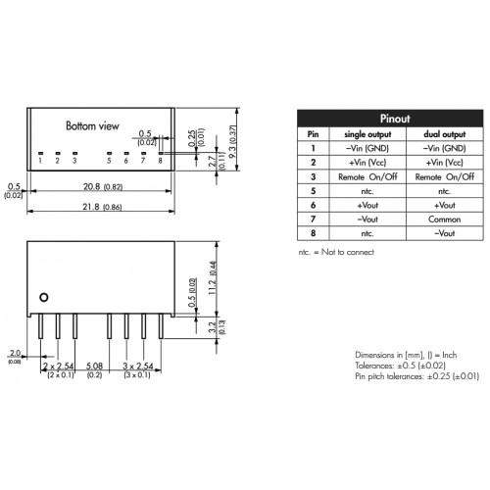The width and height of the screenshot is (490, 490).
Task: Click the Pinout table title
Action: (x=395, y=119)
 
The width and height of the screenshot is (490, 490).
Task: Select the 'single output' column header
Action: (x=367, y=134)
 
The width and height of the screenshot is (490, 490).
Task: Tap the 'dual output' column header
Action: (x=444, y=134)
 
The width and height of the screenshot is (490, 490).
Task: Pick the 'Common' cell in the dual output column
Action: (x=444, y=220)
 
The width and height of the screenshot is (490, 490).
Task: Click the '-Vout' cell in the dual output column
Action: (x=444, y=233)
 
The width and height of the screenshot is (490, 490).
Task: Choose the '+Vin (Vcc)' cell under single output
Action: (x=367, y=163)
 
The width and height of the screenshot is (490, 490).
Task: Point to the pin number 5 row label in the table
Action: (x=313, y=191)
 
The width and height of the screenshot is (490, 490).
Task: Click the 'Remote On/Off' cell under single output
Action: (x=367, y=176)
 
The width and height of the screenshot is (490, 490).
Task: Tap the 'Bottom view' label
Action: (x=92, y=125)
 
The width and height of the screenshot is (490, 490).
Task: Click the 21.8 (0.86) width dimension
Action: (x=102, y=207)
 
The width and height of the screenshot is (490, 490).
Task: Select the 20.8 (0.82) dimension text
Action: (x=103, y=186)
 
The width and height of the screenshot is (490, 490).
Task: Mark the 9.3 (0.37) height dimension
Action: (x=232, y=141)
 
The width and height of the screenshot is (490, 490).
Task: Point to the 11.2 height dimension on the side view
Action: (x=213, y=277)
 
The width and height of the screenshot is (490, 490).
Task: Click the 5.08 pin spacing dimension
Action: (x=94, y=366)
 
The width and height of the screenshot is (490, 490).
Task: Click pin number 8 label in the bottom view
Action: (x=160, y=161)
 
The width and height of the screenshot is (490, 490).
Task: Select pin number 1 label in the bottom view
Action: (x=40, y=161)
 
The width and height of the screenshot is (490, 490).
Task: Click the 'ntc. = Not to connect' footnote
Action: (x=336, y=252)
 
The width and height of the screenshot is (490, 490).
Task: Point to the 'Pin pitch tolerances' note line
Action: (x=417, y=376)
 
